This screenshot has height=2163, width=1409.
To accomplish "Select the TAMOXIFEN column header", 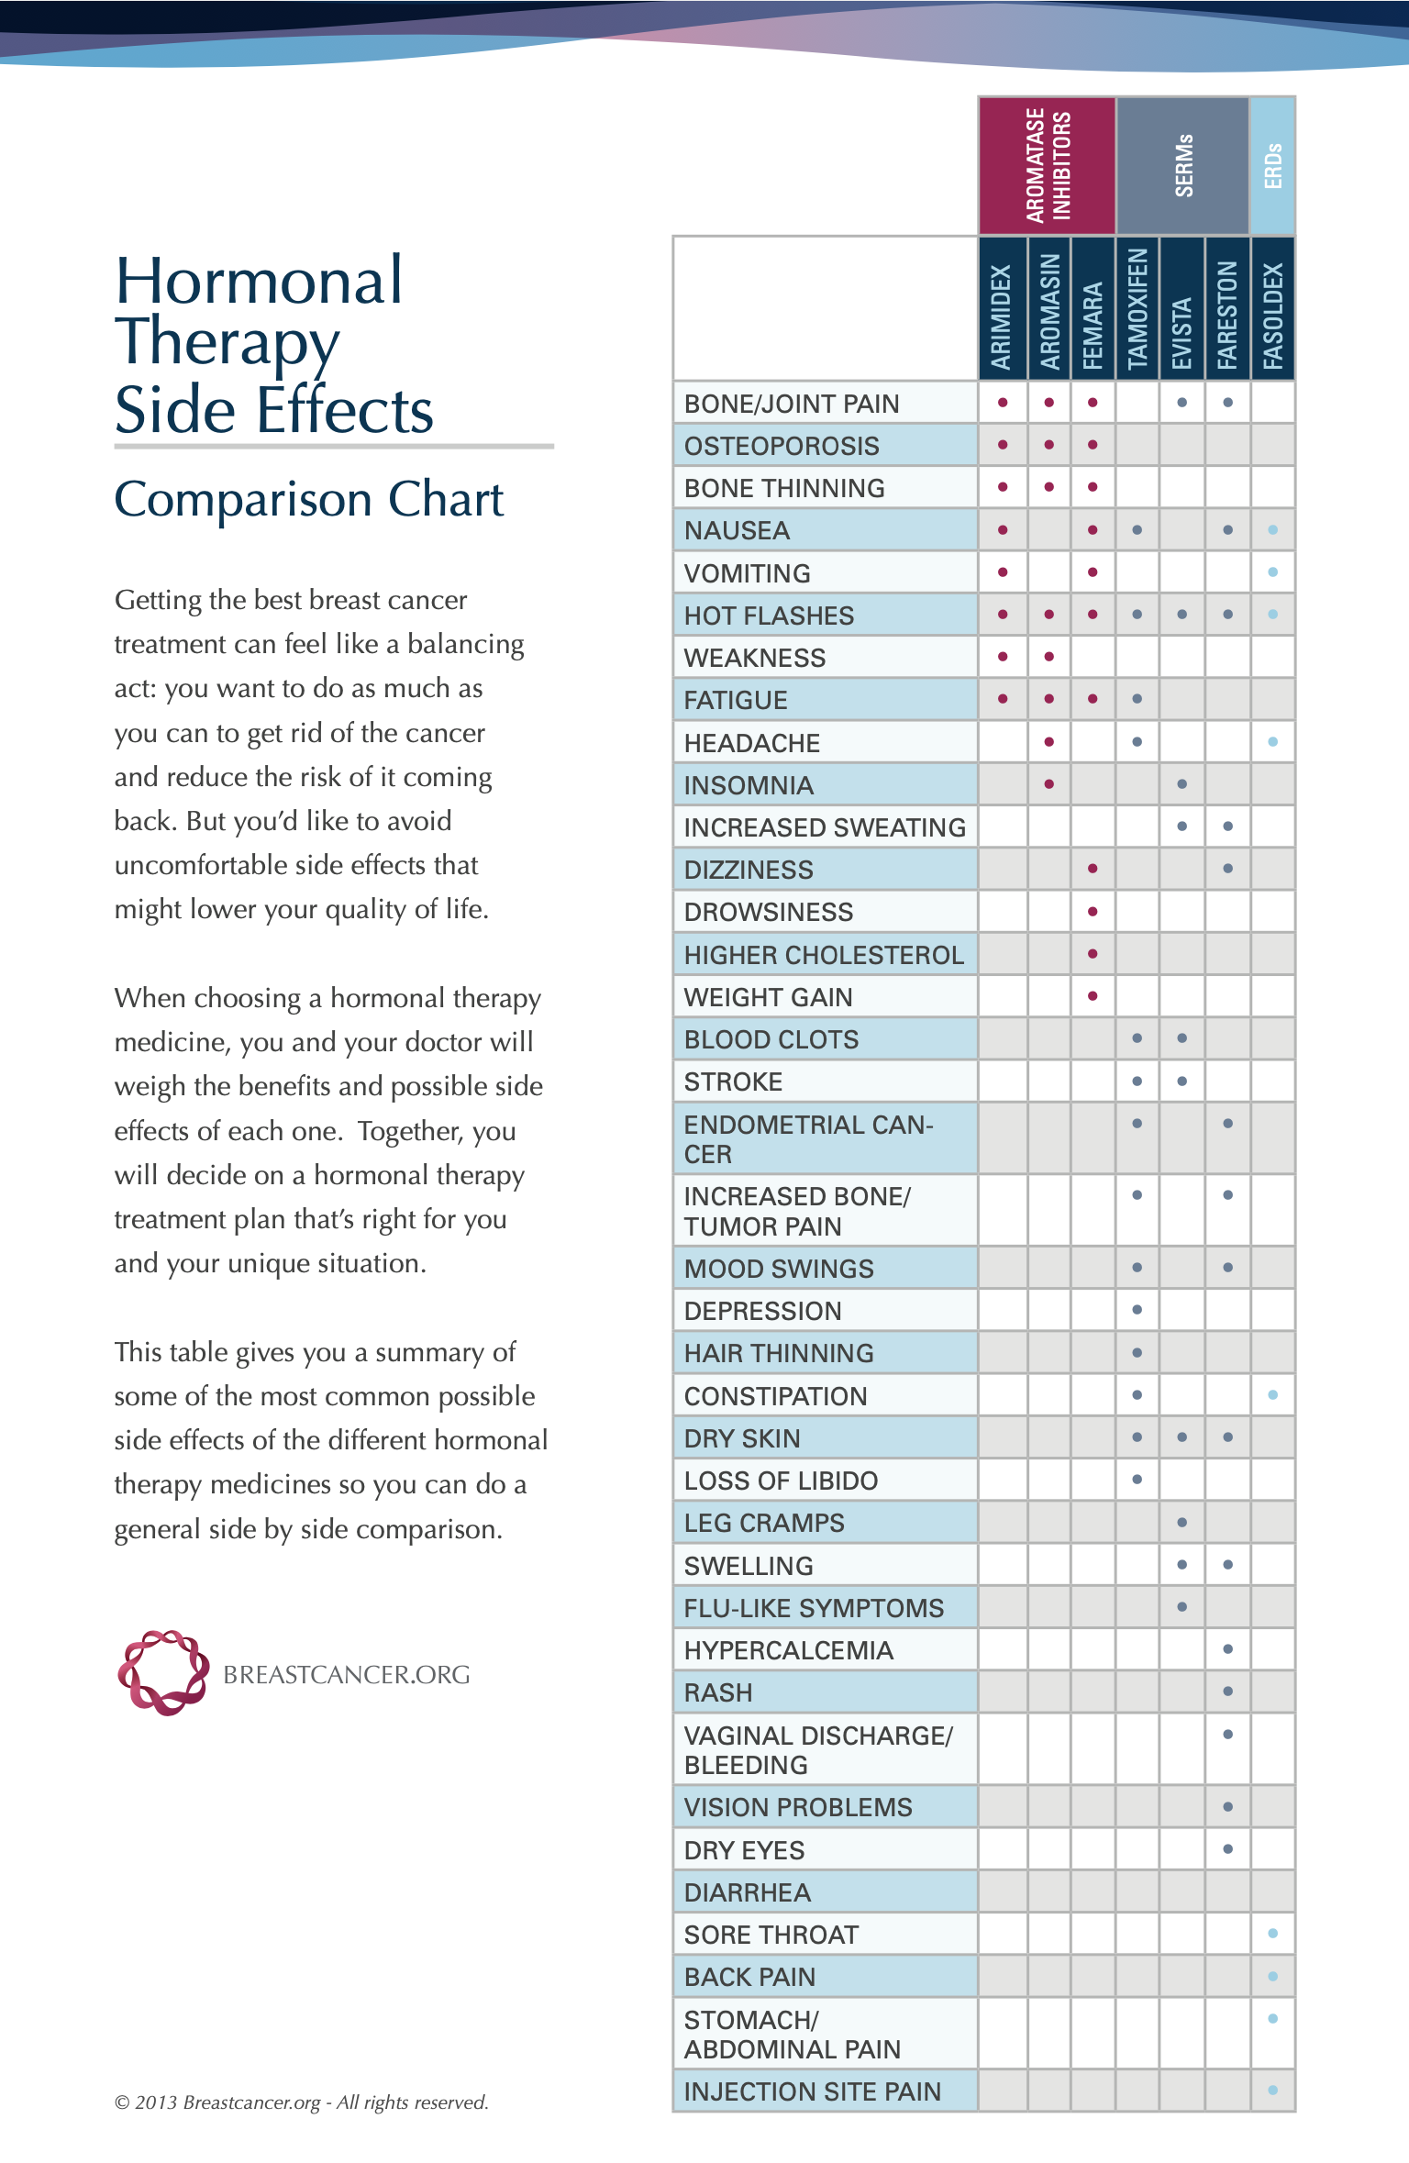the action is pos(1137,308).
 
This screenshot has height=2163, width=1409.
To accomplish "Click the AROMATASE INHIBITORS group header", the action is pos(1048,165).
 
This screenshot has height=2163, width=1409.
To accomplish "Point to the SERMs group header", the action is pos(1183,165).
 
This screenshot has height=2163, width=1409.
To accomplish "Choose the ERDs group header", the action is pos(1272,165).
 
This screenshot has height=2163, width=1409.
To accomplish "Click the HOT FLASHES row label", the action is pos(769,616).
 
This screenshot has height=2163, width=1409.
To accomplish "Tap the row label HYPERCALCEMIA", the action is pos(788,1650).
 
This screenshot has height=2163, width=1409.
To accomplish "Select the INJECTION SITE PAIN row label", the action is pos(812,2091).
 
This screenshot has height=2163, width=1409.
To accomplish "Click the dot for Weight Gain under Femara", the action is pos(1093,995).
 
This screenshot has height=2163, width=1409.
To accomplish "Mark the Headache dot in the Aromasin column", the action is pos(1048,741).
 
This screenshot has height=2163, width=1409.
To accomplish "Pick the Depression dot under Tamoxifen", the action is pos(1137,1309).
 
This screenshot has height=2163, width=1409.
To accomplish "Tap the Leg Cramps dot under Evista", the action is pos(1182,1522).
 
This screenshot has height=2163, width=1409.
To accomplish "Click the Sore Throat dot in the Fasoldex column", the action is pos(1272,1933).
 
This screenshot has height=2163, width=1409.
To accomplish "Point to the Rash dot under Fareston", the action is pos(1227,1691).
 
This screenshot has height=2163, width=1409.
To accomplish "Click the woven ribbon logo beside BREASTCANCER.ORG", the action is pos(163,1673).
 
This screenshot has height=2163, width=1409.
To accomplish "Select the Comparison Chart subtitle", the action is pos(309,500).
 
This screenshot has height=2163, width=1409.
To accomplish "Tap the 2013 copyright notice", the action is pos(301,2102).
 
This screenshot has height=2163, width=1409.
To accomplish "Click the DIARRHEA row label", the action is pos(748,1892).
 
